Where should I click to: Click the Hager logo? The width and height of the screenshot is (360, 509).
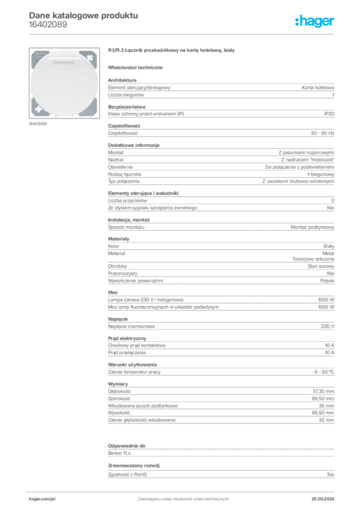[x=315, y=21]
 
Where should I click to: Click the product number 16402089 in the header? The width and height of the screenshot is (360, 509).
[x=48, y=25]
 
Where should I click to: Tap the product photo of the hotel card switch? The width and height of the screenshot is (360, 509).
[x=64, y=83]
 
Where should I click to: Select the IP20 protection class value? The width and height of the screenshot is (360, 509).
[x=329, y=114]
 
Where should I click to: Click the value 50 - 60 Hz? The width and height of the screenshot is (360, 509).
[x=323, y=133]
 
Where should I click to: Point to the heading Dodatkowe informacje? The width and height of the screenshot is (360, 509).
[x=134, y=145]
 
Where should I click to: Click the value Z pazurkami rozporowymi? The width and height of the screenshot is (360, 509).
[x=306, y=153]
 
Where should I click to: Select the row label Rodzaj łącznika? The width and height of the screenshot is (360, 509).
[x=125, y=174]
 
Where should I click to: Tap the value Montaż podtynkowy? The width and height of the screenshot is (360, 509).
[x=312, y=227]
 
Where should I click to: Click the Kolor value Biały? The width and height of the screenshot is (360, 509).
[x=329, y=247]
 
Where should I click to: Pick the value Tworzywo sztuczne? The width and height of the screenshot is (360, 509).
[x=313, y=259]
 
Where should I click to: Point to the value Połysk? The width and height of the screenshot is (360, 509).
[x=327, y=281]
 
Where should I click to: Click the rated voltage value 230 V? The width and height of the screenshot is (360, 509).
[x=328, y=326]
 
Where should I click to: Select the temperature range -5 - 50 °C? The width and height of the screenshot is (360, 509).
[x=323, y=372]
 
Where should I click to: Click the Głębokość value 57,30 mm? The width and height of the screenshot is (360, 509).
[x=324, y=392]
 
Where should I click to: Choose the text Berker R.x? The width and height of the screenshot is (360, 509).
[x=119, y=453]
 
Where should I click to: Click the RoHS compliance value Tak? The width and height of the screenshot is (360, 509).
[x=331, y=475]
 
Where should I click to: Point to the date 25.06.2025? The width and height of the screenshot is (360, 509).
[x=323, y=499]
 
